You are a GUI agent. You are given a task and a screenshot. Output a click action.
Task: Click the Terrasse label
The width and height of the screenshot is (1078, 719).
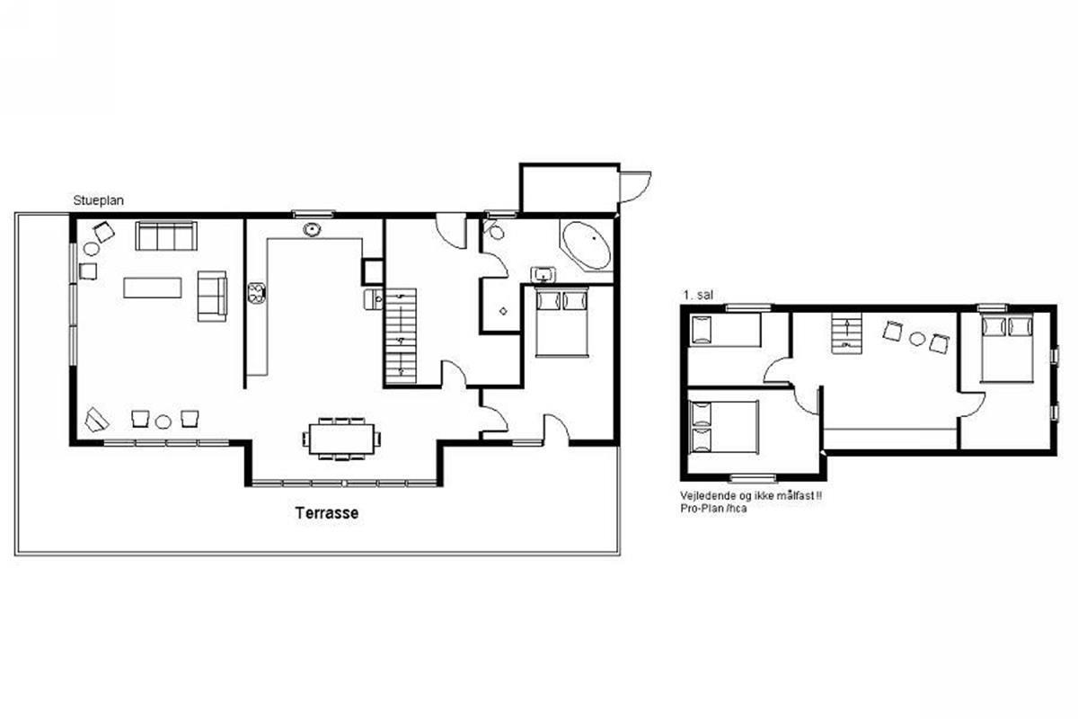327,513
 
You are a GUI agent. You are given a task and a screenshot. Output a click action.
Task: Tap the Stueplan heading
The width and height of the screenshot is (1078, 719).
98,200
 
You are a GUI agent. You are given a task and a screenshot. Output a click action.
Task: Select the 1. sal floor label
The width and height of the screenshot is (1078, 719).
698,295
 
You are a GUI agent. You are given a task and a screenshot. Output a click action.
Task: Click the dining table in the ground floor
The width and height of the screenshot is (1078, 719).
341,439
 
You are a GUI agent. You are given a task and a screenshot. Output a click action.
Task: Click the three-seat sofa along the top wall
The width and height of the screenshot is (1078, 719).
166,236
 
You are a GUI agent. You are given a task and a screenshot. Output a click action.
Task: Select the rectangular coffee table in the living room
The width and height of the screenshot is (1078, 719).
153,288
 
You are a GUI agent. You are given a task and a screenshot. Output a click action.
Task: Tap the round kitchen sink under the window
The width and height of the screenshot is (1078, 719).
313,229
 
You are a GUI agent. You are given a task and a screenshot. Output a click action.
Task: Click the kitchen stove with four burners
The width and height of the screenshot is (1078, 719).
257,293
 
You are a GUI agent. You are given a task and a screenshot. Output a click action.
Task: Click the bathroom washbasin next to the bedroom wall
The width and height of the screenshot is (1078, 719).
543,274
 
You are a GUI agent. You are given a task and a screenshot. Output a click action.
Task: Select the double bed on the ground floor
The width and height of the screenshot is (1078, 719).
562,322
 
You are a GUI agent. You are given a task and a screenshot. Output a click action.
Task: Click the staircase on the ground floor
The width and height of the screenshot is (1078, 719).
400,336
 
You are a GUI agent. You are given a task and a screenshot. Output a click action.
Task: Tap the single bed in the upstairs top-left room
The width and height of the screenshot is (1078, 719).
725,330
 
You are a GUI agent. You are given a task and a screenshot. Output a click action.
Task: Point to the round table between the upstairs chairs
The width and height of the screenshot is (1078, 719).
917,339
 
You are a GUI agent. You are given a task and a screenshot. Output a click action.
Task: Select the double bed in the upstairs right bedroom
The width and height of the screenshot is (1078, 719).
1007,347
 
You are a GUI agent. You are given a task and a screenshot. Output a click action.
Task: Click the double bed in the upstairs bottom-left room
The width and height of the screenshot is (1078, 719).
724,427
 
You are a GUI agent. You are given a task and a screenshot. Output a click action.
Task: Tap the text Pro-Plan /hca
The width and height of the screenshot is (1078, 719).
713,508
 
